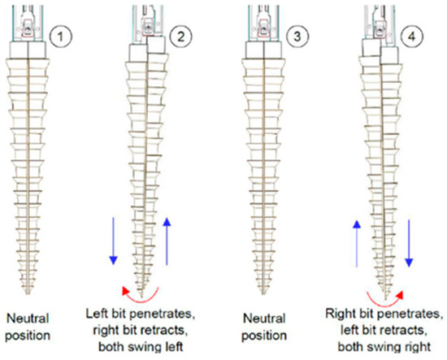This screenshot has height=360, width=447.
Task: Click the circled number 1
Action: coord(60,37)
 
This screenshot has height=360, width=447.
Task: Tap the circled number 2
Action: coord(180,37)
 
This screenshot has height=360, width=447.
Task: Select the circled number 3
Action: coord(297,37)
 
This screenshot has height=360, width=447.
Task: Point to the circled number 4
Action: coord(412,37)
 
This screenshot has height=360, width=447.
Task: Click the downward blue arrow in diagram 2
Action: coord(114,241)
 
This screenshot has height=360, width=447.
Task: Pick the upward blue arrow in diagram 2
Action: coord(167,241)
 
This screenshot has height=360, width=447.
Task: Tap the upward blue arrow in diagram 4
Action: coord(357,244)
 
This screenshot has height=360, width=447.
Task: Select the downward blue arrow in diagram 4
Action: coord(409,243)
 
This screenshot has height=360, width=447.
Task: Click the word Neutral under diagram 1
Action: coord(28,319)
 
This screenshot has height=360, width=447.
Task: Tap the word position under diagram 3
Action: coord(264,336)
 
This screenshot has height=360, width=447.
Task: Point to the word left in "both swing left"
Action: coord(173,347)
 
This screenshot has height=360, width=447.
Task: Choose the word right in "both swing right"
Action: coord(418,347)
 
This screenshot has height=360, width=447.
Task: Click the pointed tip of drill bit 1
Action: coord(28,294)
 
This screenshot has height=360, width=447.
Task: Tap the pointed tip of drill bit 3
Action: coord(263,294)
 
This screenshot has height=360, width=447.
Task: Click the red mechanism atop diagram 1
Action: coord(28,28)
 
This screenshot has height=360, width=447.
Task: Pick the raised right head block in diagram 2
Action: coord(156,45)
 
